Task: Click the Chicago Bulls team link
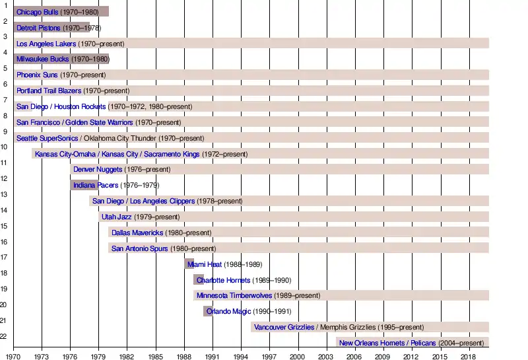coord(37,12)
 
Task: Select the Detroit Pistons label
coord(38,28)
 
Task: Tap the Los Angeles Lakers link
coord(46,44)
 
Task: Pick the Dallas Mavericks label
coord(137,233)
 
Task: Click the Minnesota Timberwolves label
coord(234,296)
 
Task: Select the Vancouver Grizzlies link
coord(284,328)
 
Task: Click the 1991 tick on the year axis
coord(212,357)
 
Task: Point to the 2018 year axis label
coord(467,357)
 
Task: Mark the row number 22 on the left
coord(3,336)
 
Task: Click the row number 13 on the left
coord(3,194)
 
